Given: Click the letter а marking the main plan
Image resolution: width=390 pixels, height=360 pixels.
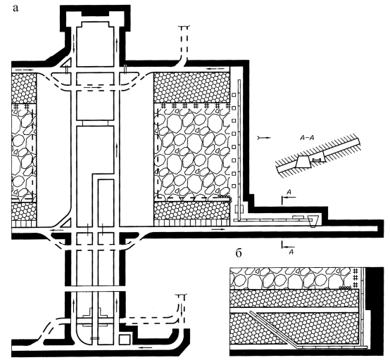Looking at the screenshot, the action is pos(15,8).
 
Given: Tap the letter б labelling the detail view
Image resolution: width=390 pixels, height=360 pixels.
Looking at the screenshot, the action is pos(239,254).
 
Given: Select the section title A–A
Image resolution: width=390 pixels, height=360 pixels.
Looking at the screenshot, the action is pos(306,138).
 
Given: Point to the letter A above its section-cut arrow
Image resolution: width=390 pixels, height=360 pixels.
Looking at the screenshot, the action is pos(289,192).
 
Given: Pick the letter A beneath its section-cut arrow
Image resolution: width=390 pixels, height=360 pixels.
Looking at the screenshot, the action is pos(291,252).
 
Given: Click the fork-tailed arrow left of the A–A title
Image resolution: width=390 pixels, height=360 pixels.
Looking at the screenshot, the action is pos(264,137).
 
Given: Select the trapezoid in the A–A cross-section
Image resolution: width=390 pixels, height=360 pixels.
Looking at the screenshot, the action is pos(303,162).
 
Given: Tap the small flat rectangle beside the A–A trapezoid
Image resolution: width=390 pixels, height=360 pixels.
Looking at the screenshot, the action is pos(317,160).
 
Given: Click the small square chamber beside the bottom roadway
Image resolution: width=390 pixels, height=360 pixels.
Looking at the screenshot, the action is pos(125,340).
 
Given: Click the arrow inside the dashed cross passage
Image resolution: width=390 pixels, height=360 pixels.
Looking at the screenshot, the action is pos(92,88).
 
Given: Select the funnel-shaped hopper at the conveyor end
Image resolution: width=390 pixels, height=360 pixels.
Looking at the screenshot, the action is pos(313,221).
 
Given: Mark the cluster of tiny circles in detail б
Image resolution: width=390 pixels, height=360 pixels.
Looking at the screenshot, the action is pos(345,287).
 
